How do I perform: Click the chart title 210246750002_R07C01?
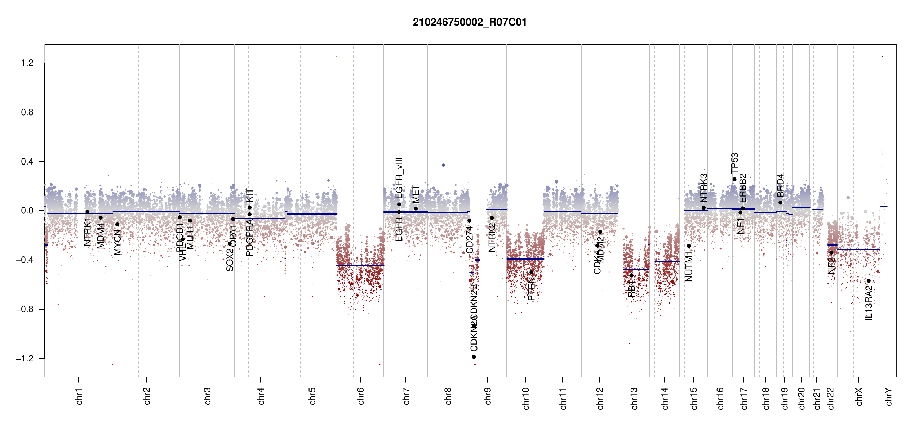470,22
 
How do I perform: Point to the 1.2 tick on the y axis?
27,63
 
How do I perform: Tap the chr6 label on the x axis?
361,396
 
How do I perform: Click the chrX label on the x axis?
859,397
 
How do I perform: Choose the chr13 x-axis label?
634,398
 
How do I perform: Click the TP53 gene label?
734,163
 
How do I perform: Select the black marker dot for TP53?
734,179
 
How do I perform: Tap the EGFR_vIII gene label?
399,178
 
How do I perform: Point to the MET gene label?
416,194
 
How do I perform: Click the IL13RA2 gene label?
869,303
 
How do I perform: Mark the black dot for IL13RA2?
869,281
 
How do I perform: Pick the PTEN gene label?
531,289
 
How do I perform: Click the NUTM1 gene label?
689,266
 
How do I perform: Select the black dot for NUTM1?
689,246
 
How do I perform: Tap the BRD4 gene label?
780,185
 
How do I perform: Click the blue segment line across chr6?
360,266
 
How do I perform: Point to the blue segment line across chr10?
525,259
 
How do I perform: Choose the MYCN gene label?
117,242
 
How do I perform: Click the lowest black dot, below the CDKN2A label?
474,357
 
